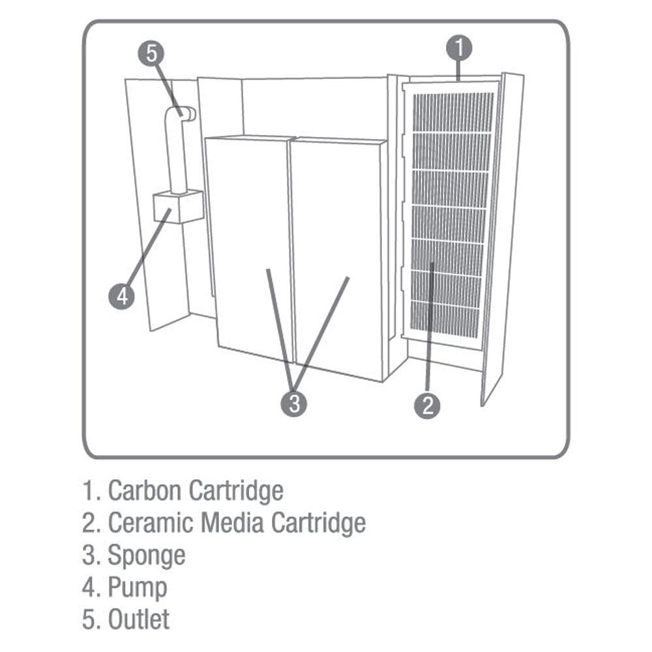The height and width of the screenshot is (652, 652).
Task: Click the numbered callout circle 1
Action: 458,48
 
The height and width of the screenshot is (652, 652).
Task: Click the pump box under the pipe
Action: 177,207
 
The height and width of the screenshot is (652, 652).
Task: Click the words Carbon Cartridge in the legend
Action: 195,490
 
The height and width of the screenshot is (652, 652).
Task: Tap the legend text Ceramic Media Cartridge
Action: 236,522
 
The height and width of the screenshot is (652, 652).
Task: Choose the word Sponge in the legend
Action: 146,556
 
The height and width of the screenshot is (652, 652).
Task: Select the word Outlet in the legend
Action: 138,619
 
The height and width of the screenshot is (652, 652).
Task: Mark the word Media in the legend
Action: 232,522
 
